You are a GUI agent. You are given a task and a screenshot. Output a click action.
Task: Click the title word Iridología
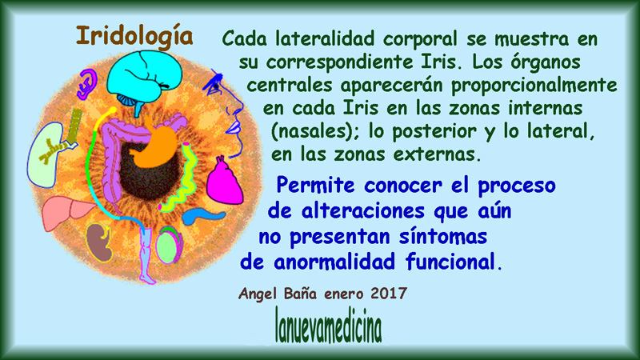click(134, 37)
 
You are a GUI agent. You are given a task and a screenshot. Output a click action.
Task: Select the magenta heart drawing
click(224, 181)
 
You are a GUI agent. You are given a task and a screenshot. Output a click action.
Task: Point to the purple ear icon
click(87, 84)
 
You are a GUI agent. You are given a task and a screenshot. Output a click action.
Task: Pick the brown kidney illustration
click(99, 243)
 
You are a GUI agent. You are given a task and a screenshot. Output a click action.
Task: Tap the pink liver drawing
click(68, 212)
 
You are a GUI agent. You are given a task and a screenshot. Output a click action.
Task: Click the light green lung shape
click(44, 155)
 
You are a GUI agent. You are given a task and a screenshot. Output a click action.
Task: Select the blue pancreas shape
click(202, 215)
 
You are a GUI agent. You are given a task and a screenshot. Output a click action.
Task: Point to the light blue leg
click(146, 254)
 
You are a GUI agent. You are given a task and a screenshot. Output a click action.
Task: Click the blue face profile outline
click(226, 114)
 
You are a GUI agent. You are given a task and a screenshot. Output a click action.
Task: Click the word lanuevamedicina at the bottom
click(329, 326)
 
